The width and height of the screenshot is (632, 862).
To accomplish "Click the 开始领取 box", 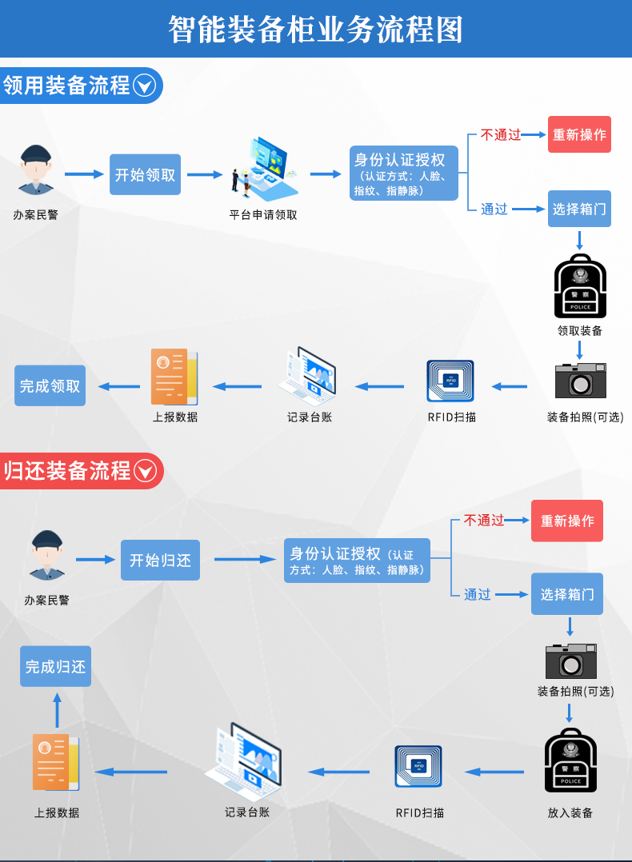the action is pos(146,174).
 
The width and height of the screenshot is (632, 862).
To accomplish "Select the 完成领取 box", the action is pos(50,385).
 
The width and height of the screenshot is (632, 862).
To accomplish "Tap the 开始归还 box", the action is pos(160,560).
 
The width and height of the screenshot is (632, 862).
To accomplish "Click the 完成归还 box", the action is pos(55,666).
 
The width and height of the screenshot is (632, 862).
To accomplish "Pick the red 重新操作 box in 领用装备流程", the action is pos(579,134).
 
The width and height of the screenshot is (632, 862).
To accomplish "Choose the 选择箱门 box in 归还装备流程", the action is pos(567,593).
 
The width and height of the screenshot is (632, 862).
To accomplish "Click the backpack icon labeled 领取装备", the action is pos(580,286).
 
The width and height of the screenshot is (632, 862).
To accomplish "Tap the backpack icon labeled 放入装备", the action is pos(571,760).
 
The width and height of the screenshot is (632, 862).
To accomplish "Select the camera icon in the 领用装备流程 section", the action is pos(580,380).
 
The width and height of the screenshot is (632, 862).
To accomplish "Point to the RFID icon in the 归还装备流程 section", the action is pos(418,766).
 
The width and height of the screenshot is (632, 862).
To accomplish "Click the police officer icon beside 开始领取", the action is pos(36,170).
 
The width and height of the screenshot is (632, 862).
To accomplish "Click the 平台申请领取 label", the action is pos(263,215).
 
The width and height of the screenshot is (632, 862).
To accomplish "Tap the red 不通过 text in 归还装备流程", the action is pos(484,520).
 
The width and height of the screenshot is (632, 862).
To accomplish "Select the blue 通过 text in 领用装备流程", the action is pos(494,209).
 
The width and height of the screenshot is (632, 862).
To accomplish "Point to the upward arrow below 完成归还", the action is pos(58,710).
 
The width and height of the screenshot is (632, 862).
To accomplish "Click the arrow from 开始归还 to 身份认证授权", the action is pos(246,560).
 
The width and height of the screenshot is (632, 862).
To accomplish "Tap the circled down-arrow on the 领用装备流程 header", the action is pos(145,86).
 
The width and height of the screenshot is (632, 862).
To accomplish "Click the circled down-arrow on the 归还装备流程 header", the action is pos(146,471).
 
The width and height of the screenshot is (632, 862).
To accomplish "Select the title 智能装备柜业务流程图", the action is pos(316,29).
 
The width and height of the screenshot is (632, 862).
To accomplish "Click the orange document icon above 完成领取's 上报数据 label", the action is pos(174,377).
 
